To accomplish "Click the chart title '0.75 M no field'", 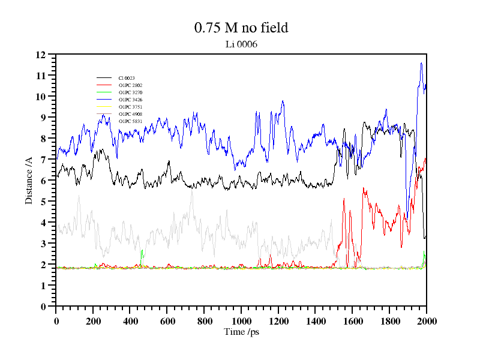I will pos(241,28).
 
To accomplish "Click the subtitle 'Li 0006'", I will pos(241,44).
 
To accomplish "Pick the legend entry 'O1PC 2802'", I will pos(130,85).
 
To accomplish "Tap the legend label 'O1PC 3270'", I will pos(130,92).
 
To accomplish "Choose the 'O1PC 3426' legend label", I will pos(130,100).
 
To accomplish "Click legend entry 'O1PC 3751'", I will pos(130,107).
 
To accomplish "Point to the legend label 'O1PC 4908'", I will pos(130,114).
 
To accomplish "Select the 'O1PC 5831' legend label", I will pos(130,121).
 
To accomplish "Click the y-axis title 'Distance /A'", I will pos(29,180).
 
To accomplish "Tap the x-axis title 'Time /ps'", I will pos(241,332).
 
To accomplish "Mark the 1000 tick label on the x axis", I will pos(241,320).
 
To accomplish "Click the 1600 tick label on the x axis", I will pos(352,320).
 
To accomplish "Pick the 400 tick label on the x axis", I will pos(130,320).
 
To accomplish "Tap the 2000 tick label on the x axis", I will pos(426,320).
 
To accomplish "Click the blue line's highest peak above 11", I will pos(422,63).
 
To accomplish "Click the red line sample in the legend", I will pos(104,85).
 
